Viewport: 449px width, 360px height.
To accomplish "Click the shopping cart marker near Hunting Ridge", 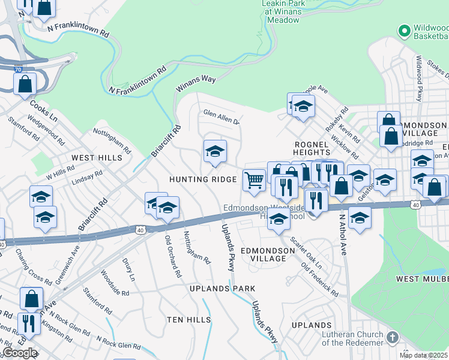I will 254,179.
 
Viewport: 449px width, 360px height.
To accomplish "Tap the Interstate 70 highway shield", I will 18,70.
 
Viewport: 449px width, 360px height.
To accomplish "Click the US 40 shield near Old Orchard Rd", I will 140,229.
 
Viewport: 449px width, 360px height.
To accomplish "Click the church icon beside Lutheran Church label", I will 393,338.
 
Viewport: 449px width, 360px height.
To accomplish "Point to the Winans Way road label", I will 195,83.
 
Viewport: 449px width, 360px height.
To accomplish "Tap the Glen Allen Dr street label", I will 221,116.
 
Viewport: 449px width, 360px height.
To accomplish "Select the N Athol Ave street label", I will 343,235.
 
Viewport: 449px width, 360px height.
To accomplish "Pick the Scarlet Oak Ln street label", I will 307,253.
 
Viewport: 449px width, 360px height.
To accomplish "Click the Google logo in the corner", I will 20,353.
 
